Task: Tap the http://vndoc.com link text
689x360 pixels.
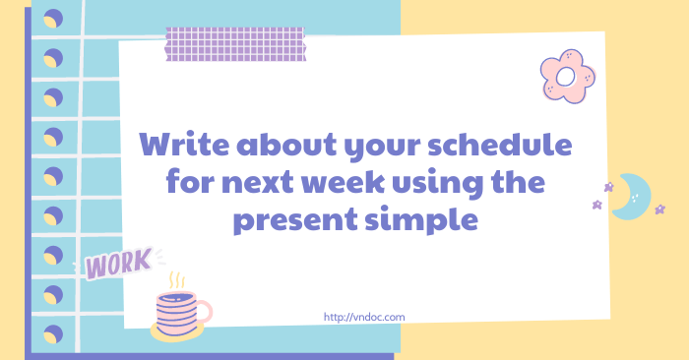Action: [x=364, y=317]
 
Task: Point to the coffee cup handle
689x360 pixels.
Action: [x=204, y=312]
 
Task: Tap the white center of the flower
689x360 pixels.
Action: [x=566, y=76]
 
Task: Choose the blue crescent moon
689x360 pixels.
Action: [x=633, y=197]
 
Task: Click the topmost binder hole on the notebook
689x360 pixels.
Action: [x=52, y=18]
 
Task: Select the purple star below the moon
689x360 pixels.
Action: [x=596, y=205]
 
